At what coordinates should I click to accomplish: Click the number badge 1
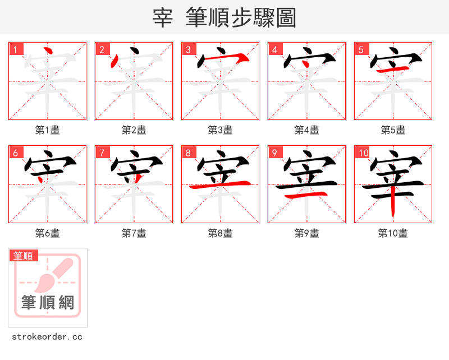15,49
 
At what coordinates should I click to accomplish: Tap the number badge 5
361,49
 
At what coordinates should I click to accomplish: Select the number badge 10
363,153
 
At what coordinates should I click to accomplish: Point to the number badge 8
188,153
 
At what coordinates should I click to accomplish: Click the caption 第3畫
220,130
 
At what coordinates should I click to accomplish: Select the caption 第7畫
134,233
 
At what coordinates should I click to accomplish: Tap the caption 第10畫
393,233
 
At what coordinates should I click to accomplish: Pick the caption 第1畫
47,130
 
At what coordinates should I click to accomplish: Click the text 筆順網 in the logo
48,303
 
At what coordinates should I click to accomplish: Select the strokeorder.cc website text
47,337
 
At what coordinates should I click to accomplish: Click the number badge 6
15,153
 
